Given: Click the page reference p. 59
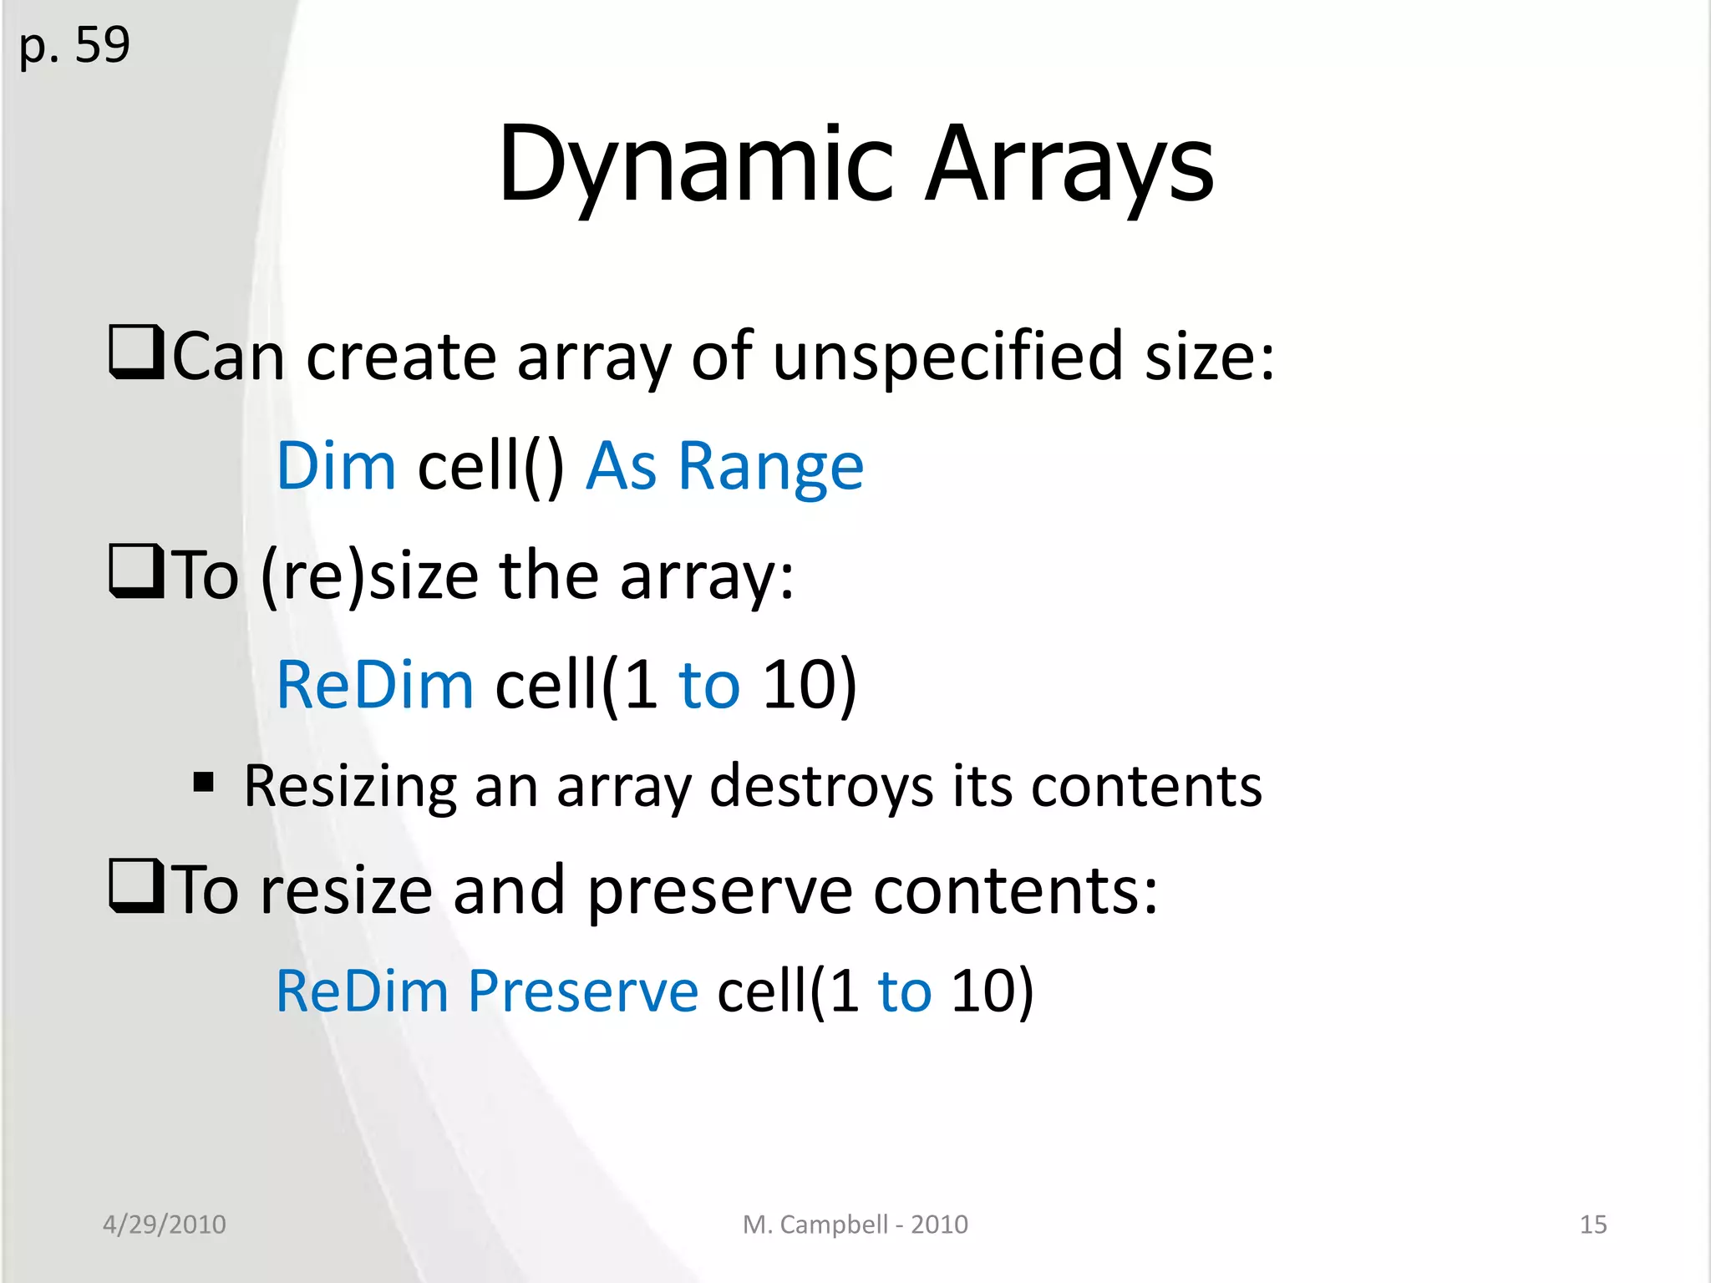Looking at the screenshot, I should click(x=74, y=45).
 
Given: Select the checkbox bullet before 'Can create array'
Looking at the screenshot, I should click(x=136, y=352).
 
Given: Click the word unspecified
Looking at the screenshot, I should click(x=948, y=357).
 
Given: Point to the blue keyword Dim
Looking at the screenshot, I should click(x=336, y=466).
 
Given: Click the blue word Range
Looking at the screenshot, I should click(x=770, y=466).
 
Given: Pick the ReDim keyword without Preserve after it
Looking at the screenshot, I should click(x=375, y=685).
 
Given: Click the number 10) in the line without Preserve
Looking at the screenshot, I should click(x=810, y=685).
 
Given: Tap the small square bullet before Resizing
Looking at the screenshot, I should click(x=203, y=783).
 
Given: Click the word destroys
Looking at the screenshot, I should click(x=821, y=787).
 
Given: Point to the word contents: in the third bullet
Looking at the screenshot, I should click(x=1015, y=890).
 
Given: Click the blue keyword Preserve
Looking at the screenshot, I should click(x=582, y=991).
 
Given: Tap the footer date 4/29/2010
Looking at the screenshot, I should click(x=165, y=1225).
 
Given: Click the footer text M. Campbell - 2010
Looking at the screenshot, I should click(x=855, y=1225).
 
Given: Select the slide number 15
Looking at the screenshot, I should click(x=1592, y=1225).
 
